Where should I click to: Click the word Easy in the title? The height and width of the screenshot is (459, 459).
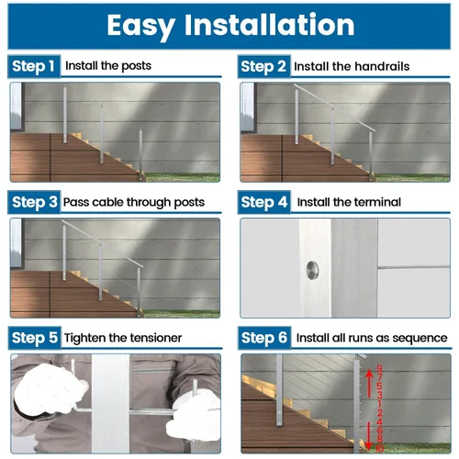tap(141, 27)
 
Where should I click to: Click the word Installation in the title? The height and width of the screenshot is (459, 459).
tap(269, 25)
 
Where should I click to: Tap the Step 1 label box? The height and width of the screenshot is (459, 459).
tap(34, 66)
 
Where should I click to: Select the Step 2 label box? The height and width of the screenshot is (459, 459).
tap(263, 66)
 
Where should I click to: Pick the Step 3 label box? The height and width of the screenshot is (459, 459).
tap(34, 202)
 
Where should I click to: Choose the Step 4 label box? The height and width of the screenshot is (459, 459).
tap(264, 202)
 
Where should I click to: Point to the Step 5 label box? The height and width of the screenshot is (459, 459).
tap(35, 338)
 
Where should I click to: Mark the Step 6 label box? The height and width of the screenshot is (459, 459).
tap(264, 338)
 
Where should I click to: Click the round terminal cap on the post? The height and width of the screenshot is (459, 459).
tap(312, 270)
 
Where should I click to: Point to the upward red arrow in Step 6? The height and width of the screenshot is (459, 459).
tap(369, 383)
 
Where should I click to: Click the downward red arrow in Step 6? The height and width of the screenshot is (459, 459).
tap(369, 436)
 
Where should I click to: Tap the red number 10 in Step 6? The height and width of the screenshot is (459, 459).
tap(380, 449)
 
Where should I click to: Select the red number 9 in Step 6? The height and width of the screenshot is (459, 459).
tap(379, 368)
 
